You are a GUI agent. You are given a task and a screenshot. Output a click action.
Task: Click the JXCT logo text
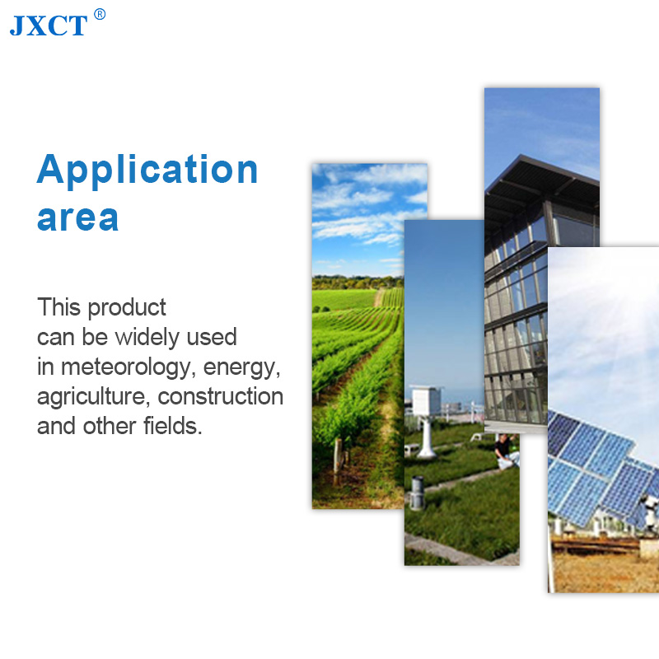pos(49,26)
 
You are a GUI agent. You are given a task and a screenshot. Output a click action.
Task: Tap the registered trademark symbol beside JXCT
pos(100,14)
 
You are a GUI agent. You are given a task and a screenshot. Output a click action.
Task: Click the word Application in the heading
pos(147,171)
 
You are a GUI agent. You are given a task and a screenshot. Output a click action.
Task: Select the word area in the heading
pos(77,218)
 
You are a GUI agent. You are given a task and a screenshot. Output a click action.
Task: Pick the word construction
pos(220,396)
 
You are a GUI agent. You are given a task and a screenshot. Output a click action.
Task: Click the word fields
pos(173,426)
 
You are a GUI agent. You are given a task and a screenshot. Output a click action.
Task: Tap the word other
pos(110,426)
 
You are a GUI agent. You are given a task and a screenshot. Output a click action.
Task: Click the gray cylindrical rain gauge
pos(417,493)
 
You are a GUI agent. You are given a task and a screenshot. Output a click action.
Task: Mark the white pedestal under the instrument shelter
pos(426,437)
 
